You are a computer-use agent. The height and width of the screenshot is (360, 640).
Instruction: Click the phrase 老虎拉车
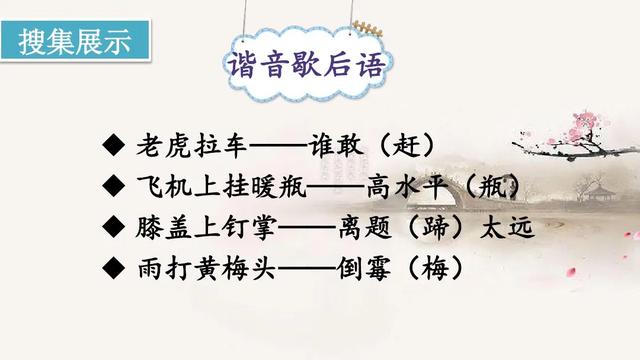tap(189, 146)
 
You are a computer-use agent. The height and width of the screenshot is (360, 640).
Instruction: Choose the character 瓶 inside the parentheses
tap(490, 186)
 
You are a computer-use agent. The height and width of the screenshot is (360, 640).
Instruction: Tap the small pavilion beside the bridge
tap(597, 190)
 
